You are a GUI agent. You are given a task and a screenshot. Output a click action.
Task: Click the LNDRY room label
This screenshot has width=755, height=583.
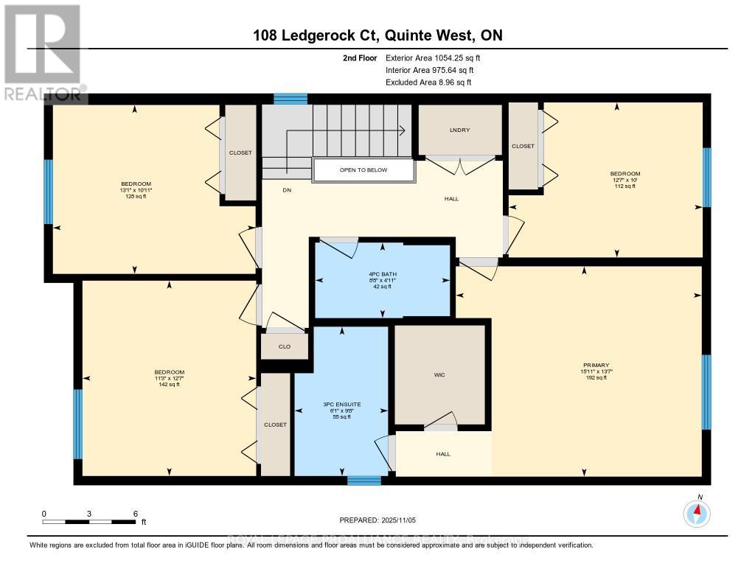(460, 130)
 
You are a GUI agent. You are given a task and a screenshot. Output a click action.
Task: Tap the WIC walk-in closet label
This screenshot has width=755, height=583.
(439, 375)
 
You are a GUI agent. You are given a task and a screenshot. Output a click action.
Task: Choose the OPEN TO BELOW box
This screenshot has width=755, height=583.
(363, 170)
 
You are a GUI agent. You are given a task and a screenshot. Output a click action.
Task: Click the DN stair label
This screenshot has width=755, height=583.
(287, 189)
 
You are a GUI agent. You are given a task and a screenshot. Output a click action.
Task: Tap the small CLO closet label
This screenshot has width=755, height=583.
(283, 346)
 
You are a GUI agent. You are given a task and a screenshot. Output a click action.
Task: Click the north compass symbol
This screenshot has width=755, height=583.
(697, 512)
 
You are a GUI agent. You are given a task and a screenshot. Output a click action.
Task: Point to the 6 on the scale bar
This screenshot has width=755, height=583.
(135, 513)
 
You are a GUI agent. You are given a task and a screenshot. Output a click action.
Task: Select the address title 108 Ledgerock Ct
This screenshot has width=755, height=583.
(377, 36)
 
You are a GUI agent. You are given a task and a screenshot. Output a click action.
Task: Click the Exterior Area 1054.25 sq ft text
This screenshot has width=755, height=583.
(434, 57)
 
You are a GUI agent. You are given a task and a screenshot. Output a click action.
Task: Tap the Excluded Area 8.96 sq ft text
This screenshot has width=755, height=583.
(428, 83)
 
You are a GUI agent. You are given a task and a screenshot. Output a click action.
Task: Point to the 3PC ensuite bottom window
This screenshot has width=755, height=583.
(363, 481)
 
